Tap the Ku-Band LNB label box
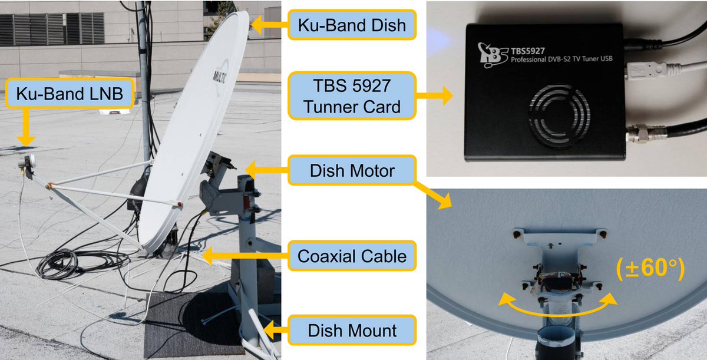coord(70,94)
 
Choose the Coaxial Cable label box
coord(352,256)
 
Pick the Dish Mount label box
coord(352,330)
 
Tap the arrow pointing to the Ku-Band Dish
coord(268,25)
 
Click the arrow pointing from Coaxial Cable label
coord(242,256)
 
